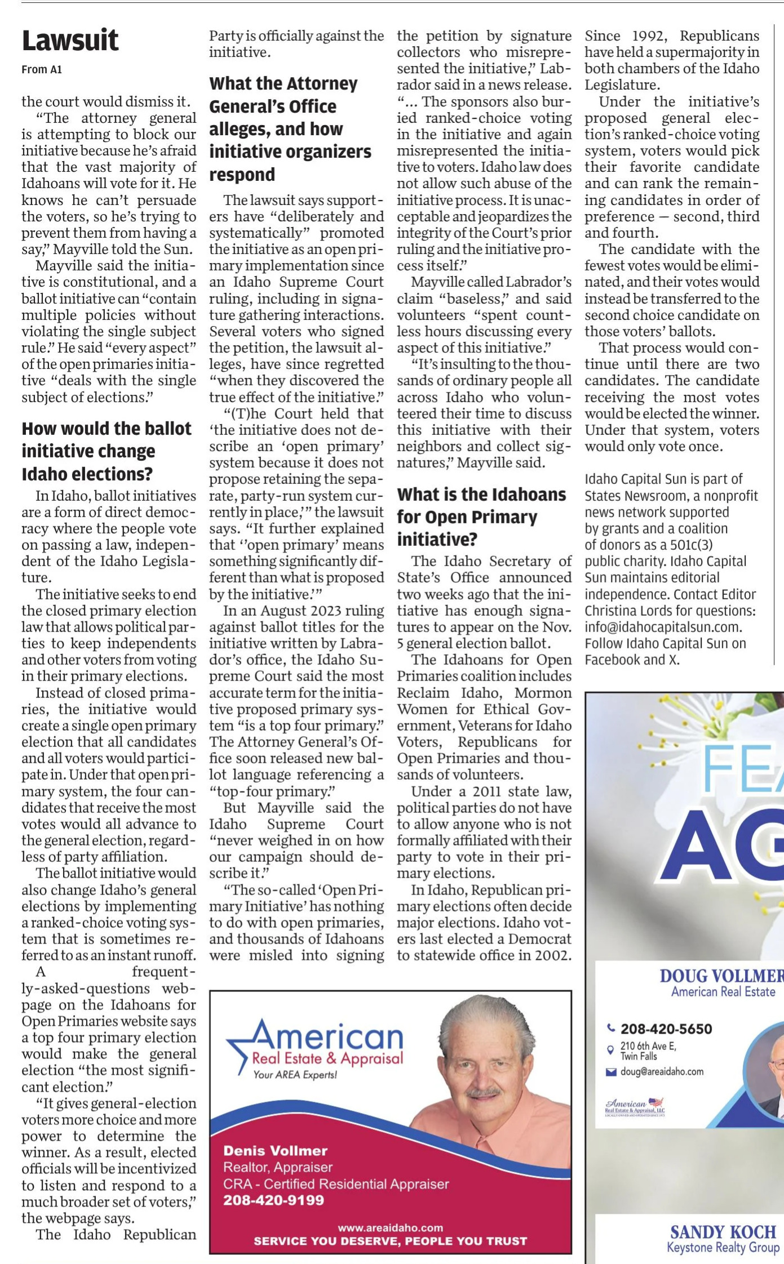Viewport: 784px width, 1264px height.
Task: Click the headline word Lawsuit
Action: [70, 41]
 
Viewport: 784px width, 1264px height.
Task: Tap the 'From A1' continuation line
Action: [42, 69]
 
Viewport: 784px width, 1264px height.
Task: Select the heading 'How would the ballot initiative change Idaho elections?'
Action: [107, 451]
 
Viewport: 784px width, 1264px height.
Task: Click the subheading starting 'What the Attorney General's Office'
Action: [290, 129]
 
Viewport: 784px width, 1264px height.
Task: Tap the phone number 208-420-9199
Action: [273, 1200]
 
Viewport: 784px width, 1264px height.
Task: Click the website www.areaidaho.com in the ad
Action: [390, 1227]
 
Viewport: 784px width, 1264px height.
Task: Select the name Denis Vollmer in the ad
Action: [275, 1151]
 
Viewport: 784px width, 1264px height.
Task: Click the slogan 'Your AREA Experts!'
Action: [295, 1075]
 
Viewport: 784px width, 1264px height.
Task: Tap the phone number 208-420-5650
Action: [666, 1029]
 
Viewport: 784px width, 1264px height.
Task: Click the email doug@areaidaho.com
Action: [662, 1072]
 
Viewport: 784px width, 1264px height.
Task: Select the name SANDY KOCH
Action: [723, 1232]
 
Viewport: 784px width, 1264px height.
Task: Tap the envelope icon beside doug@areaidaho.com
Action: [610, 1072]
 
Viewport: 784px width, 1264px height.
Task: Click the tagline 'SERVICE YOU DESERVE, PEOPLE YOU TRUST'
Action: [390, 1241]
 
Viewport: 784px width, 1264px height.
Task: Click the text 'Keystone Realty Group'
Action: [723, 1248]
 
